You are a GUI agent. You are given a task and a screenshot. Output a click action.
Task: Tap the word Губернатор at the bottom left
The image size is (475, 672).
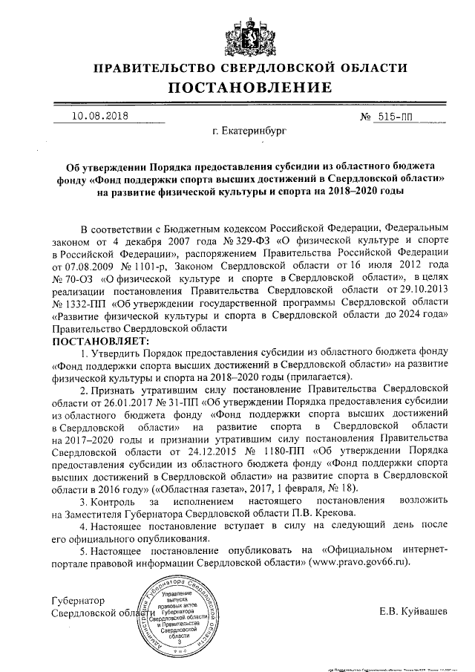pos(77,600)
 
